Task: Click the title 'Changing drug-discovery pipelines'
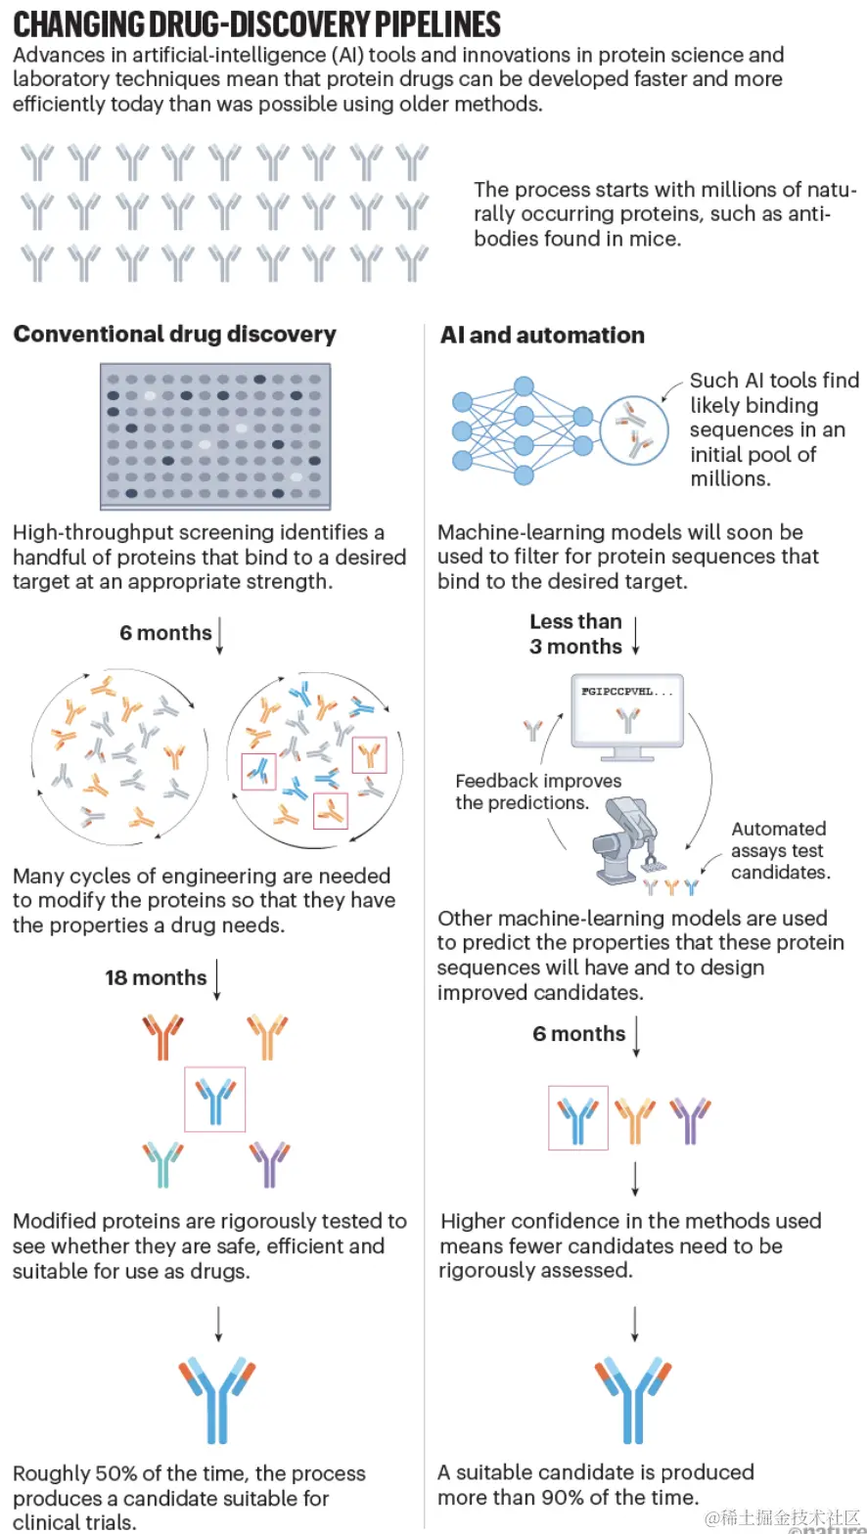256,23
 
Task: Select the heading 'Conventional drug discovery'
174,334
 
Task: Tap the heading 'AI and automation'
542,335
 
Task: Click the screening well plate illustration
215,436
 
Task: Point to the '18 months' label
156,977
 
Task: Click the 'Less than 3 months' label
575,634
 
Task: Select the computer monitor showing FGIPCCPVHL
626,718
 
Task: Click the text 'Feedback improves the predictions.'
538,791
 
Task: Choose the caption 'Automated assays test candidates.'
780,849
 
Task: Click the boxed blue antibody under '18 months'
215,1099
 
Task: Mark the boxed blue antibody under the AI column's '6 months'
578,1118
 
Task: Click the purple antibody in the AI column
691,1118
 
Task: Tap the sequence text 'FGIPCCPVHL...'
626,691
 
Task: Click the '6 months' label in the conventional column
165,633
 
